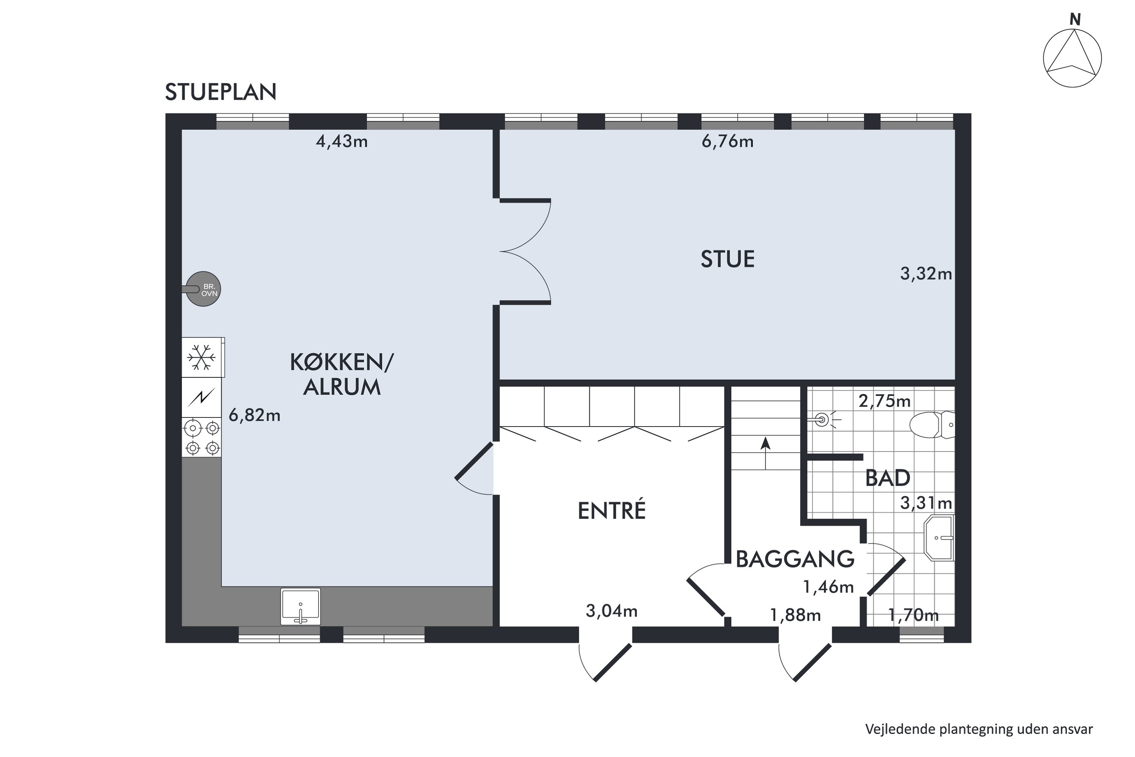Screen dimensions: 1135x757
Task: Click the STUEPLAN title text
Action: pos(221,92)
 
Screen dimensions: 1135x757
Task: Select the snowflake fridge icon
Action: pos(201,357)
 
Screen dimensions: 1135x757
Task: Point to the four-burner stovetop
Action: pos(202,438)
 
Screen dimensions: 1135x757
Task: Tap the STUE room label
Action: pos(727,259)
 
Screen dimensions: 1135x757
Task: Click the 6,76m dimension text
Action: pos(727,142)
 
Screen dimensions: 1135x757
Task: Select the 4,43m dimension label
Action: pos(342,142)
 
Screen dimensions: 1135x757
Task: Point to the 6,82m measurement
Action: pos(254,415)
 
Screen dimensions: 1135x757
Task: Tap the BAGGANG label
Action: pos(795,559)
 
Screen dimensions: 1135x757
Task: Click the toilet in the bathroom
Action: pos(932,425)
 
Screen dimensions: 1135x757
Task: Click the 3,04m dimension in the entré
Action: pos(611,611)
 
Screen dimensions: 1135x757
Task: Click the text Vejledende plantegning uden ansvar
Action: pos(979,729)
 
